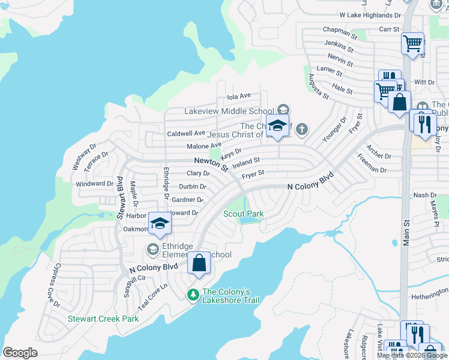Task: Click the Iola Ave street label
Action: pos(238,96)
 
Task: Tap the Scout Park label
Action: pos(243,214)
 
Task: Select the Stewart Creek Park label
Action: pos(103,319)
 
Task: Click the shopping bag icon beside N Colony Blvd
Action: pos(199,263)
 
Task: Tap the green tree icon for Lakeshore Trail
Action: pos(193,295)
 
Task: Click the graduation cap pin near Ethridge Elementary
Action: pos(159,224)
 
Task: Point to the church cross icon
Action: pos(301,129)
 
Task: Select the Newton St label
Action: pos(211,164)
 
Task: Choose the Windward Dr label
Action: pos(95,184)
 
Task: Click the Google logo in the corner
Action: pos(20,352)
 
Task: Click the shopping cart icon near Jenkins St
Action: pos(412,43)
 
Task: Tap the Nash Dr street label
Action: pos(425,195)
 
